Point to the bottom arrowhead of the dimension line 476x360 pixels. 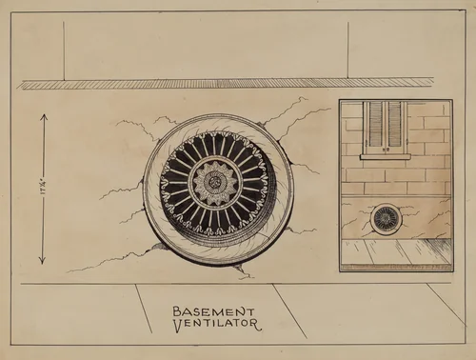click(x=42, y=261)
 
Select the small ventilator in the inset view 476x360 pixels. click(x=386, y=219)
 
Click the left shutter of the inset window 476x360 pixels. click(x=375, y=125)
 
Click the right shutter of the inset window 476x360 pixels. click(x=396, y=125)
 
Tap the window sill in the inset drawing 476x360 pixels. click(x=386, y=156)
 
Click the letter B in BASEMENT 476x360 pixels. click(x=178, y=310)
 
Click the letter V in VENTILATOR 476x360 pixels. click(x=178, y=324)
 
